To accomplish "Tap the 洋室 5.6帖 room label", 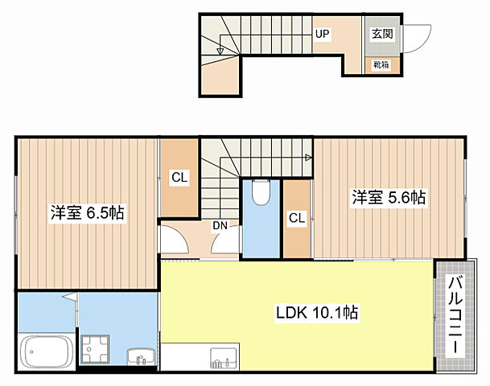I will point(387,197).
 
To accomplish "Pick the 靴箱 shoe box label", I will point(381,64).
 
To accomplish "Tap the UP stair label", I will point(323,34).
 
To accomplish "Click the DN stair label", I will point(219,226).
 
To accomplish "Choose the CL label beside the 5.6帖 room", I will point(296,217).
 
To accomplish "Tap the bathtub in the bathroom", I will point(47,351).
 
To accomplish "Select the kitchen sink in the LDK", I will point(223,357).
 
